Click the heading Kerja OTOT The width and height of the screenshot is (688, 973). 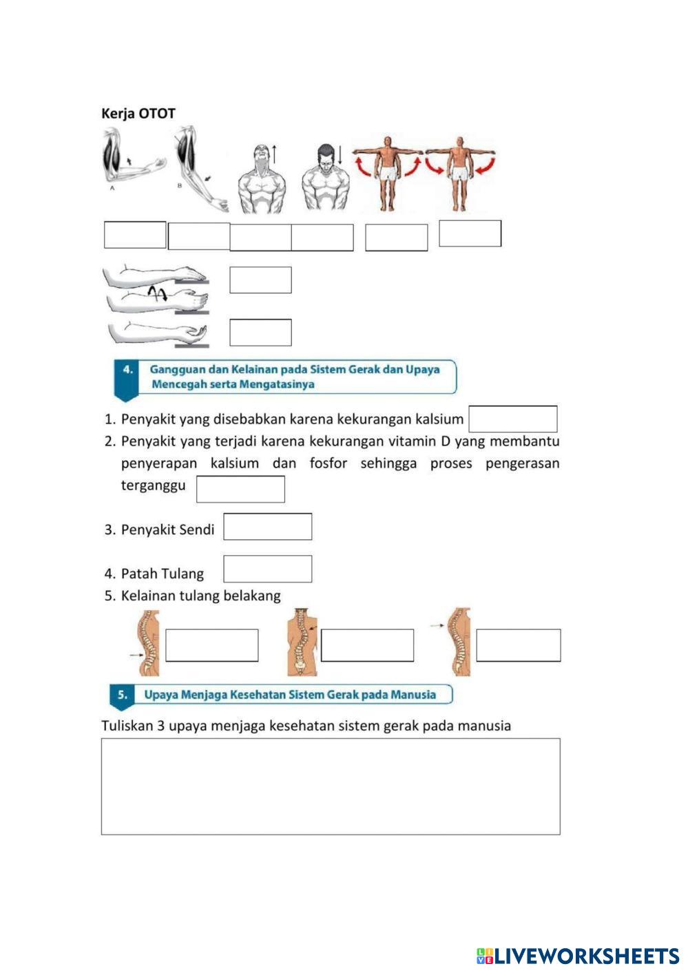(x=138, y=114)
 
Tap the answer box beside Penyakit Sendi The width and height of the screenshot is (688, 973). (x=267, y=527)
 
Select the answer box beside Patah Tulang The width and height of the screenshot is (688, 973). (x=267, y=569)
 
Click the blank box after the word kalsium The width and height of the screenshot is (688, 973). (x=512, y=419)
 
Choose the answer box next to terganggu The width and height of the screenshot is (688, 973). (x=240, y=489)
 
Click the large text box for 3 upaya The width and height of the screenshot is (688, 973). (x=331, y=786)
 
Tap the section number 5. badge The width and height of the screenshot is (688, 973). (x=122, y=695)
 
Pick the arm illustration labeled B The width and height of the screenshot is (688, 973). (x=199, y=169)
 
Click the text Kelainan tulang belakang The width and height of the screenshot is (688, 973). (x=200, y=596)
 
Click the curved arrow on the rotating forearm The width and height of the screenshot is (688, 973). (x=158, y=294)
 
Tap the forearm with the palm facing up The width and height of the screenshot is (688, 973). (x=158, y=333)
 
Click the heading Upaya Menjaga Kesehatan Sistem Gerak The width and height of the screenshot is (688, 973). (x=290, y=695)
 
